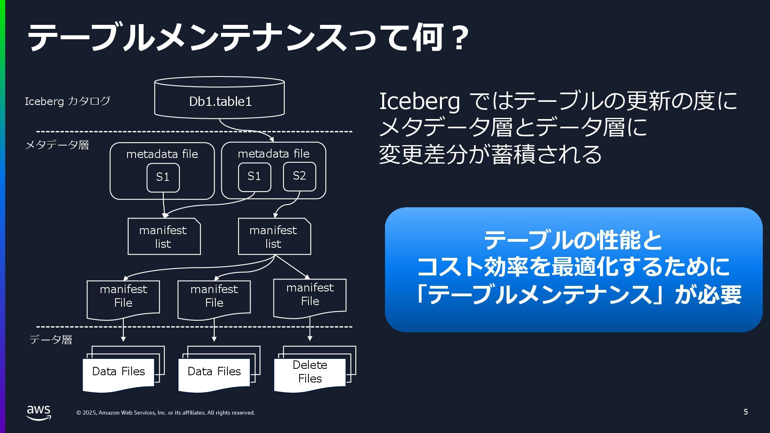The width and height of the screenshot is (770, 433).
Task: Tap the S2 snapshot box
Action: [x=299, y=176]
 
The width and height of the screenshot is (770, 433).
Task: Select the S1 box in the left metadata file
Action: [x=163, y=177]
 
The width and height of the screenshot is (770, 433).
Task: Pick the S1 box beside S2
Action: [x=254, y=176]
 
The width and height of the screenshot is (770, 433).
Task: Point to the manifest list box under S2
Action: [x=274, y=237]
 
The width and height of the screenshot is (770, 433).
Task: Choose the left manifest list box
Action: [x=164, y=237]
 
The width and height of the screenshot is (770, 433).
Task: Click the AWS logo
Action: [x=39, y=412]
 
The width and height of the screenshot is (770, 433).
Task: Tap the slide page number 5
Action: [x=746, y=412]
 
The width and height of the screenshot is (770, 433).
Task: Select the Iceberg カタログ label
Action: [x=67, y=101]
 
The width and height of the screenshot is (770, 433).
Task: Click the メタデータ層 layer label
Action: [x=57, y=145]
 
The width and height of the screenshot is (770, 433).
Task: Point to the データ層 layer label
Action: [x=51, y=340]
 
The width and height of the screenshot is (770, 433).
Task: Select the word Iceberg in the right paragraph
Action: [x=419, y=101]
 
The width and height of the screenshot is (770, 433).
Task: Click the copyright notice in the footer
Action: [x=166, y=413]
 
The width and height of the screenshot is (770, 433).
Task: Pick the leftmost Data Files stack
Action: [x=119, y=372]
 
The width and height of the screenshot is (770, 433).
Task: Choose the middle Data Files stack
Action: [x=214, y=372]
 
